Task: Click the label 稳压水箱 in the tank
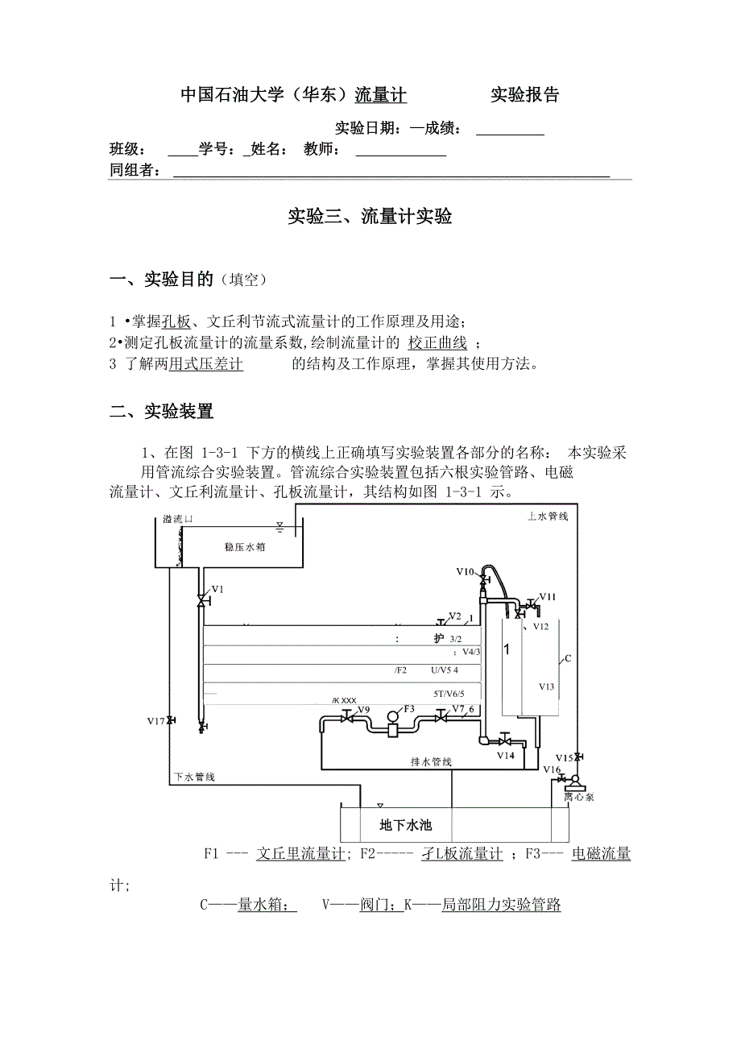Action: (245, 546)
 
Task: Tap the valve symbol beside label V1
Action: (201, 601)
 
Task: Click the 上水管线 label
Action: (548, 516)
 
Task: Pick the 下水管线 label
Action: (194, 777)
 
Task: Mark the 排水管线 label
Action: (431, 761)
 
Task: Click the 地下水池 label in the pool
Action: (406, 825)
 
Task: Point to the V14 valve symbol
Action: (505, 740)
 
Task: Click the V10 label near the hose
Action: (465, 571)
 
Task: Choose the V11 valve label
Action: (548, 596)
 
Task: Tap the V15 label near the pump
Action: (564, 757)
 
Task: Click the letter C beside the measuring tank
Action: (567, 658)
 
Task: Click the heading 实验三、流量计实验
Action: (370, 217)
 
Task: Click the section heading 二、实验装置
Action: (161, 412)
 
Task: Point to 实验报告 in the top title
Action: (525, 95)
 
